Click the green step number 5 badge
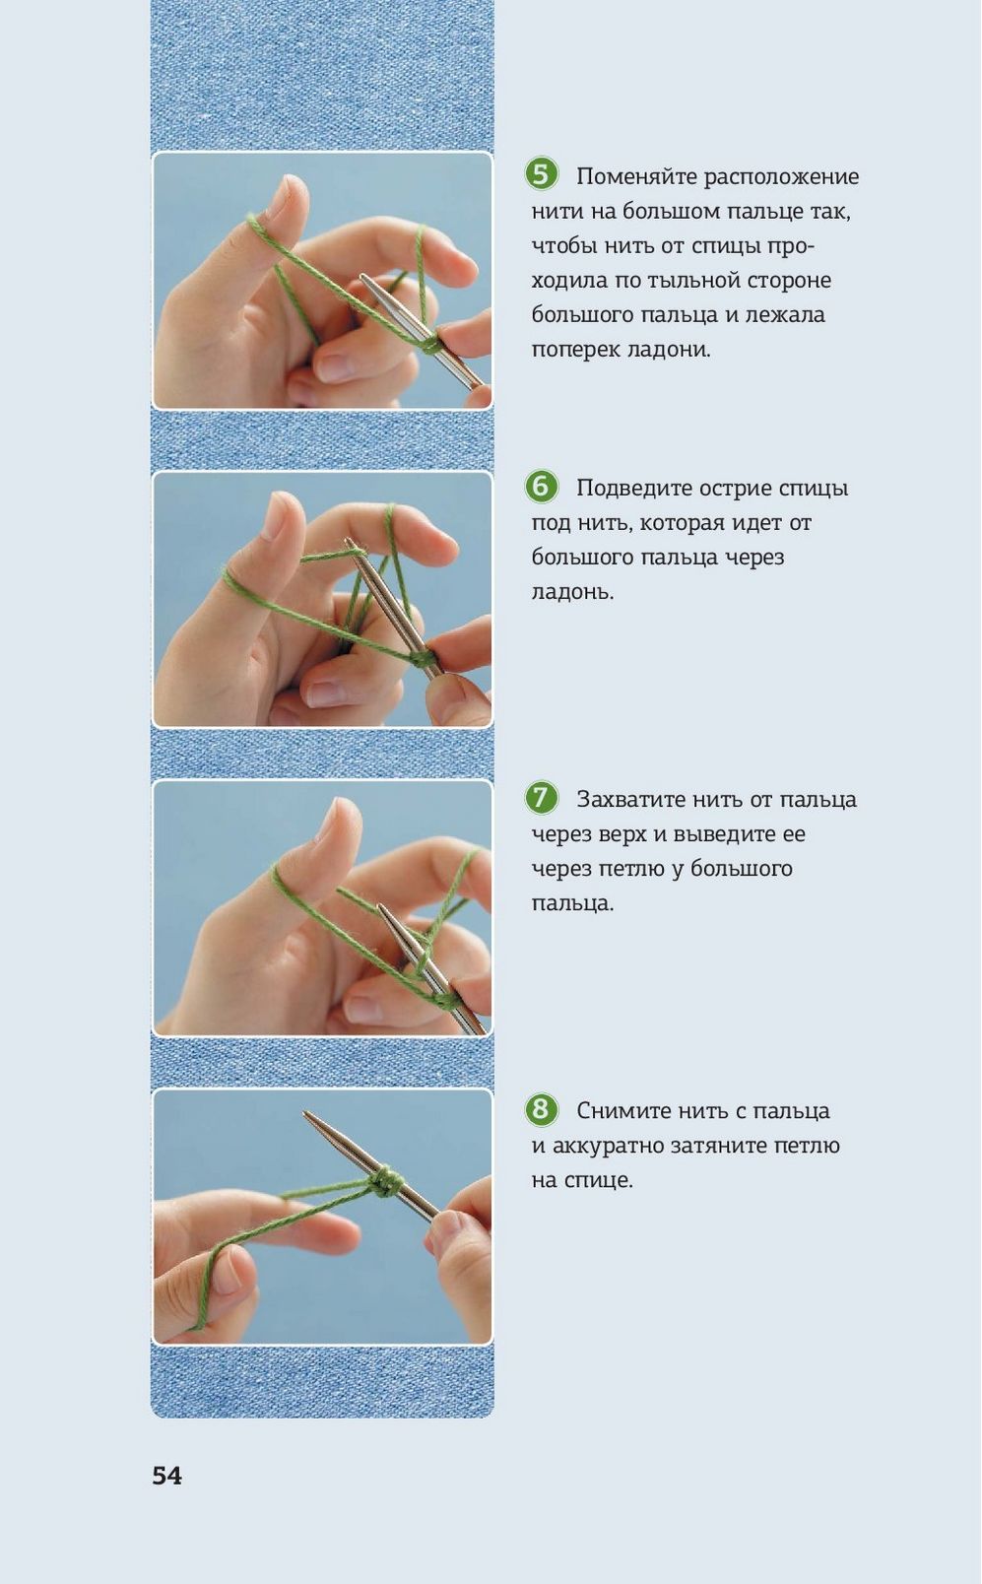(541, 173)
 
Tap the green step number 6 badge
(541, 486)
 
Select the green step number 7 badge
(541, 797)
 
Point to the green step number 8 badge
(541, 1109)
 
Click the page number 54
(166, 1475)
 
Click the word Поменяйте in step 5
(637, 176)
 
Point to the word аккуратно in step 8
(609, 1147)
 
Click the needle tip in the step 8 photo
(306, 1112)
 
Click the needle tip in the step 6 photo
(347, 541)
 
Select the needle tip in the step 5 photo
(363, 277)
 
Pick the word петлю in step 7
(630, 869)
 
